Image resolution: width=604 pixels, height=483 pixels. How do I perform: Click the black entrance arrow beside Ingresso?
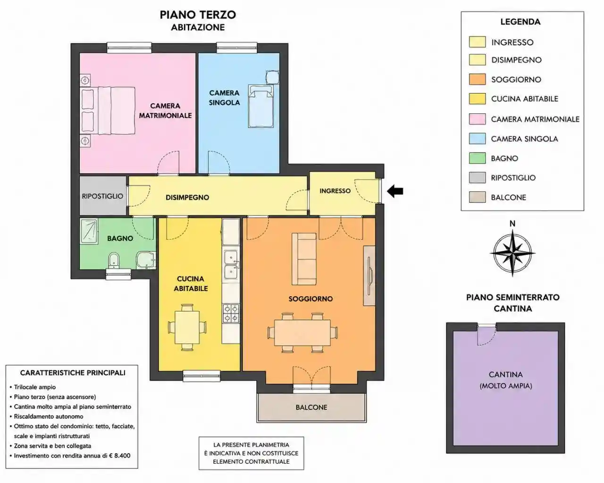click(395, 192)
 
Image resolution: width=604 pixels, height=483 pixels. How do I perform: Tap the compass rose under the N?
click(512, 253)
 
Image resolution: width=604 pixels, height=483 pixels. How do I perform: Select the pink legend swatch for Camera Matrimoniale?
click(477, 119)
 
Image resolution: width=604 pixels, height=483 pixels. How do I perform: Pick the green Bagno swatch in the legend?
click(477, 158)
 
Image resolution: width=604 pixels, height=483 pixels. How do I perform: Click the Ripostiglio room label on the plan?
click(102, 196)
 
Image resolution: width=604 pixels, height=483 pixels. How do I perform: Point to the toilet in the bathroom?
click(114, 260)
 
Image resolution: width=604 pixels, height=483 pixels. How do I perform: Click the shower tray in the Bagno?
click(89, 231)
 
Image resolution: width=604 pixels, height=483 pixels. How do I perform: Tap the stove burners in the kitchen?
click(231, 314)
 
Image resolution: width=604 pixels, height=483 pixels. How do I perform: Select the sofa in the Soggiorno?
click(304, 259)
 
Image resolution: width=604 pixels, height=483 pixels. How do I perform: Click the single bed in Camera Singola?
click(261, 106)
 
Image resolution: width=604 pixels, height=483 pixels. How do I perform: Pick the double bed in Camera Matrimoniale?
click(108, 110)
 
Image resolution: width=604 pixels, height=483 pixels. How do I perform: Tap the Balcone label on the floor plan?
click(311, 407)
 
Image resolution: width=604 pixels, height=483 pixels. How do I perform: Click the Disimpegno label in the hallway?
click(187, 197)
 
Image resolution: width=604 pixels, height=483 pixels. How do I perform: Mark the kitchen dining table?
click(187, 327)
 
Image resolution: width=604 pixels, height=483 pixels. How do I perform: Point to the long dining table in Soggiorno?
click(302, 333)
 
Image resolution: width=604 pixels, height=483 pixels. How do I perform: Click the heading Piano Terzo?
click(198, 15)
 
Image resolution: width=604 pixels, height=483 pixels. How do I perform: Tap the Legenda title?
click(520, 22)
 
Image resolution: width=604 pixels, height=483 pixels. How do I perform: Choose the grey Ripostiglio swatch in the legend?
click(477, 178)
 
